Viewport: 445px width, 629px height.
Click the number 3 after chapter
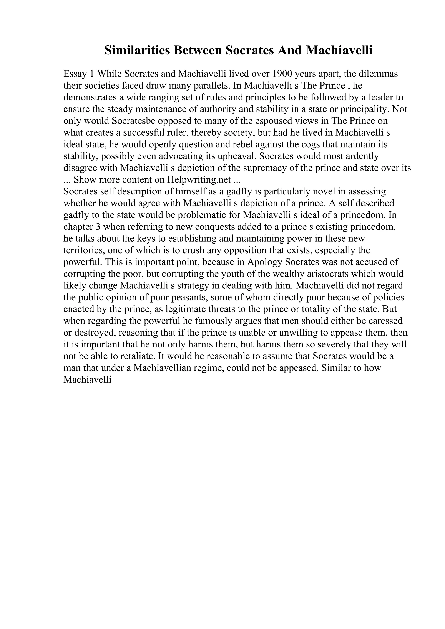click(x=98, y=227)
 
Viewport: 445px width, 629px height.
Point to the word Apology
click(x=265, y=262)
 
